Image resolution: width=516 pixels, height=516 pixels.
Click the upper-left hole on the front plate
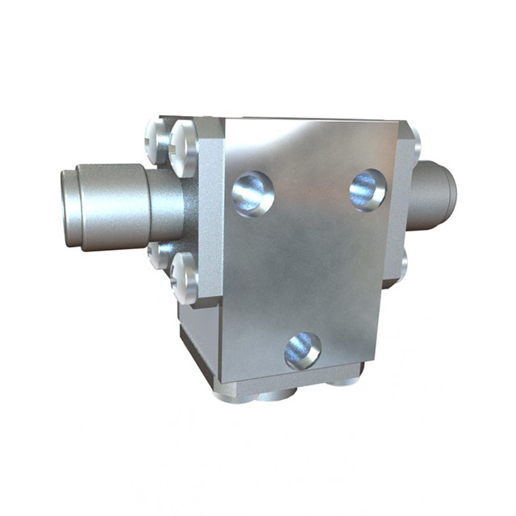(252, 193)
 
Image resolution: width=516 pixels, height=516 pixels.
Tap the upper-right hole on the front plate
(368, 189)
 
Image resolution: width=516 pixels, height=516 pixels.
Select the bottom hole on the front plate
(303, 351)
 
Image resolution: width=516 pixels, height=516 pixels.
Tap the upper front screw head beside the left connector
(184, 148)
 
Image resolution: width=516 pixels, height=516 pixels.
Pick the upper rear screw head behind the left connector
(156, 138)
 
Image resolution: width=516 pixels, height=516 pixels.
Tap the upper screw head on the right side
(414, 143)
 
